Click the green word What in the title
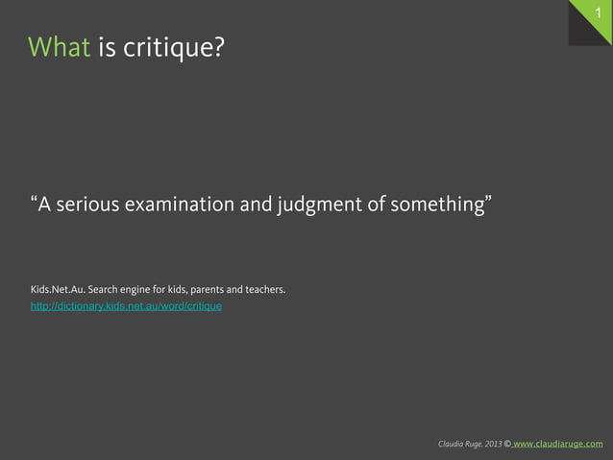pos(60,46)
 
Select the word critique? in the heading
pos(174,48)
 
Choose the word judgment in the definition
pos(313,205)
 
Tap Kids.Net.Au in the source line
pos(55,289)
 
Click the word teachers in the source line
pos(265,289)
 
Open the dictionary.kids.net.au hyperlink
pos(126,306)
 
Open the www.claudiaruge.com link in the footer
pos(559,444)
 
